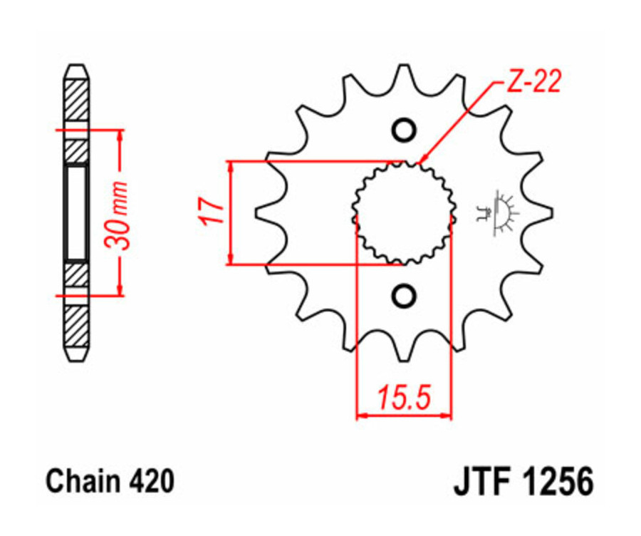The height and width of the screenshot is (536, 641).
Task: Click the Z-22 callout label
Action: coord(533,82)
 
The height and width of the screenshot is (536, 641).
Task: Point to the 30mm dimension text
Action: coord(117,214)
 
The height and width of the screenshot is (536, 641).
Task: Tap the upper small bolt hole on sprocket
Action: coord(404,130)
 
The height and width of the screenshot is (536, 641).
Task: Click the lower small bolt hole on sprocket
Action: coord(404,294)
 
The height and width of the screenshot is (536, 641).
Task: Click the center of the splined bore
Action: coord(404,212)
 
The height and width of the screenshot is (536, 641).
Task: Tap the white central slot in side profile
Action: coord(76,212)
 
